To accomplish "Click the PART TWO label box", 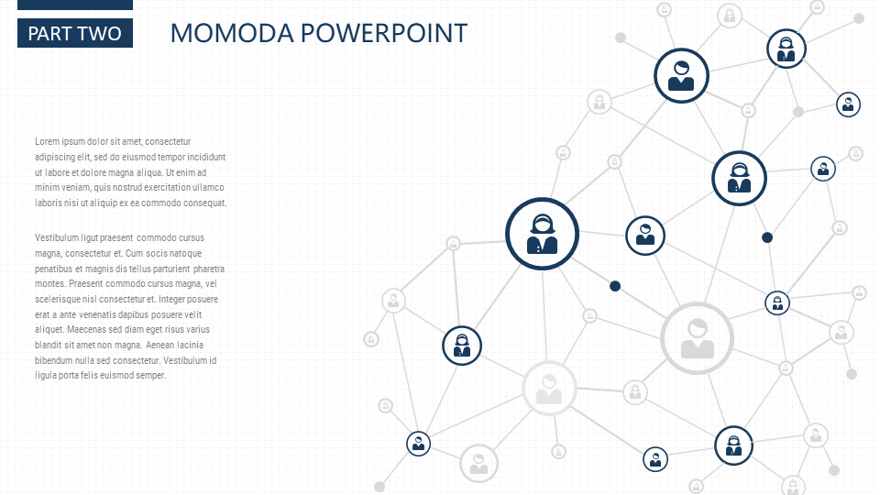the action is pyautogui.click(x=75, y=33).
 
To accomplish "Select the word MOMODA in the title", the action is pyautogui.click(x=232, y=33).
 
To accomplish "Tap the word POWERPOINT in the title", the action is pyautogui.click(x=384, y=33).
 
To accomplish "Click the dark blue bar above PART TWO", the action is pyautogui.click(x=75, y=5).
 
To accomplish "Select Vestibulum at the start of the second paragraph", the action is pyautogui.click(x=56, y=238).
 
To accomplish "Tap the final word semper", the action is pyautogui.click(x=151, y=376).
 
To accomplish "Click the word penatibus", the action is pyautogui.click(x=53, y=269).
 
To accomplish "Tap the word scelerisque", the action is pyautogui.click(x=59, y=299).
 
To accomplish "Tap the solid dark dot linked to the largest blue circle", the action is pyautogui.click(x=615, y=286).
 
